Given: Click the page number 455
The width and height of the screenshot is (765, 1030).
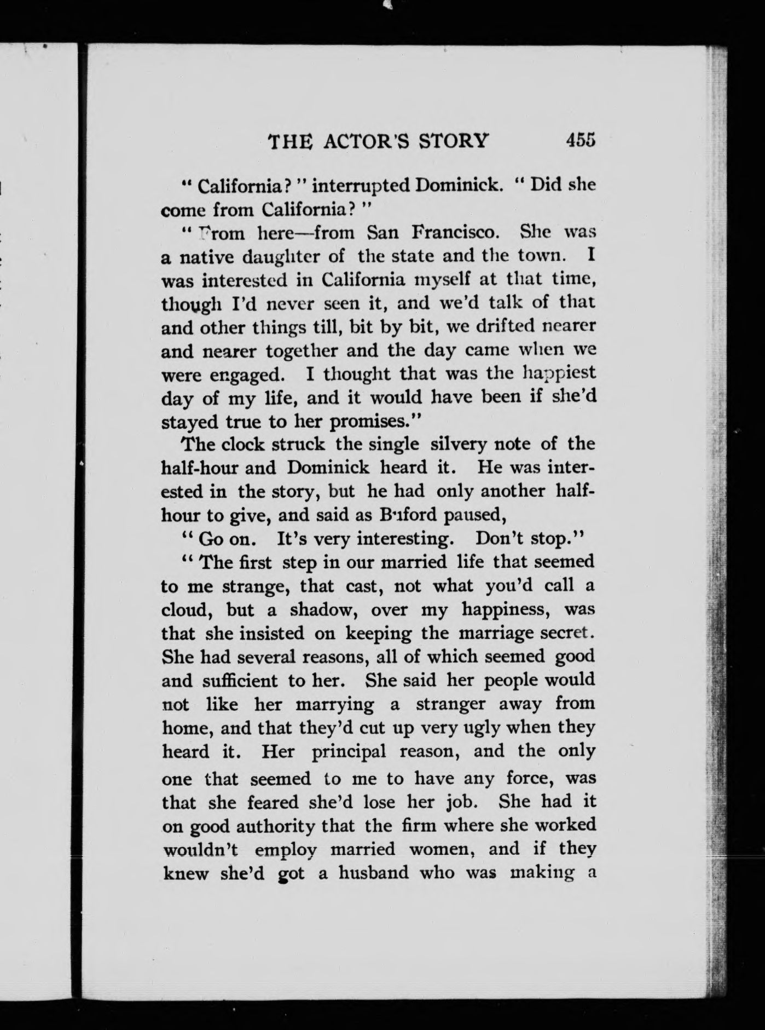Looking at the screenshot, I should [x=581, y=140].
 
